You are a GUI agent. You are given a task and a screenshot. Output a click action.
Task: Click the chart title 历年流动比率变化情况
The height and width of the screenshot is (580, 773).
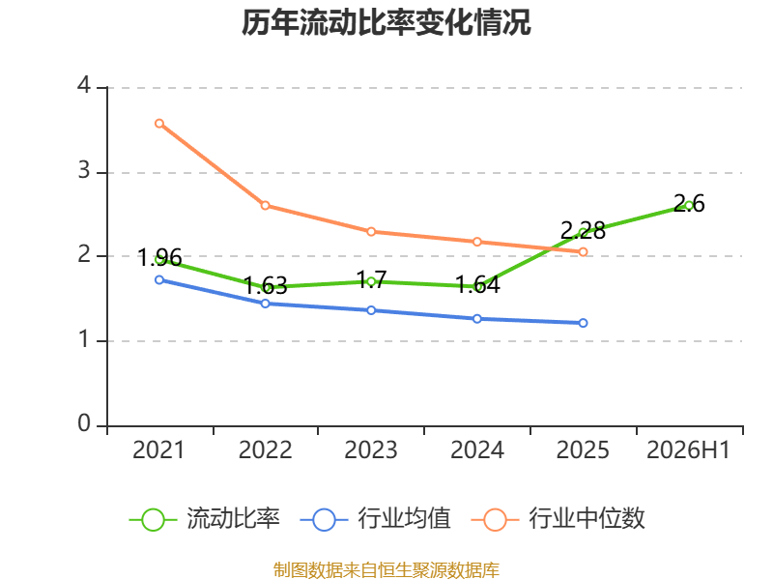click(x=386, y=23)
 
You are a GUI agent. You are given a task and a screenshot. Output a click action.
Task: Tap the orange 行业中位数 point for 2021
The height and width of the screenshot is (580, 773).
click(x=159, y=124)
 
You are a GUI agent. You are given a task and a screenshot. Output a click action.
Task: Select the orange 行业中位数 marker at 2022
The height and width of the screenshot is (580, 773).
click(x=265, y=205)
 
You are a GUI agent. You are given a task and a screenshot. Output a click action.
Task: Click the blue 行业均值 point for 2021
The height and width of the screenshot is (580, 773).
click(x=159, y=279)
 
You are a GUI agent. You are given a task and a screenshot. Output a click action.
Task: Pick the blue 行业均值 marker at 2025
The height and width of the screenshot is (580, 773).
click(x=583, y=323)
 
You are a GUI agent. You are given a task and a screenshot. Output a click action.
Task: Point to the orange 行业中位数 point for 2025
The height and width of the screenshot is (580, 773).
click(x=583, y=252)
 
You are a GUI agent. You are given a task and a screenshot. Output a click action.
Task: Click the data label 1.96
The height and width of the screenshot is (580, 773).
click(x=159, y=257)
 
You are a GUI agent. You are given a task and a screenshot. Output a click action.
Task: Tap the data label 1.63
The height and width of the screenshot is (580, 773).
click(x=265, y=285)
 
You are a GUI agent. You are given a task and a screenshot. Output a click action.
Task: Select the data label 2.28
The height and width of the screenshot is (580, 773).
click(x=583, y=230)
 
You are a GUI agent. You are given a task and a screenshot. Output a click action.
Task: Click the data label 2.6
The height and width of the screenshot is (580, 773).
click(x=689, y=204)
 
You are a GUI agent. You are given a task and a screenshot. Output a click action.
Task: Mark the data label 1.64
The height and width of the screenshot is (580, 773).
click(x=477, y=284)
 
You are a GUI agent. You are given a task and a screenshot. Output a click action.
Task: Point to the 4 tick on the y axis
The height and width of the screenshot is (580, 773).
click(x=84, y=85)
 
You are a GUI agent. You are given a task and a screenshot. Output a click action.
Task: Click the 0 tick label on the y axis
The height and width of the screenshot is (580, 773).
click(x=84, y=423)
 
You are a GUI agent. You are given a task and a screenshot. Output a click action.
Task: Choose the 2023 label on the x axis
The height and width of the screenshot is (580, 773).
click(x=371, y=449)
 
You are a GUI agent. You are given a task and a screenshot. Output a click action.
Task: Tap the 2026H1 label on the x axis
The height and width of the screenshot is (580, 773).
click(x=688, y=449)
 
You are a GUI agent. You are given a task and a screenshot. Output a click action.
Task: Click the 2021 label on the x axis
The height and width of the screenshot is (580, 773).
click(x=158, y=449)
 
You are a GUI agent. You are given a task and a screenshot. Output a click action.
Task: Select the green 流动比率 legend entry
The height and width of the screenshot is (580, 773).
click(x=204, y=519)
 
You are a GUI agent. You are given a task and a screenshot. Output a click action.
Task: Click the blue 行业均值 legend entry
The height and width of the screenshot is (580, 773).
click(x=375, y=519)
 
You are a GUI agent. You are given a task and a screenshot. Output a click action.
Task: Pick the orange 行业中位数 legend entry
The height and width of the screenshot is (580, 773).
click(x=558, y=519)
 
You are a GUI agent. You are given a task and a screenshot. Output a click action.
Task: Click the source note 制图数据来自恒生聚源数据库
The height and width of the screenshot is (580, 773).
click(x=386, y=570)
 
